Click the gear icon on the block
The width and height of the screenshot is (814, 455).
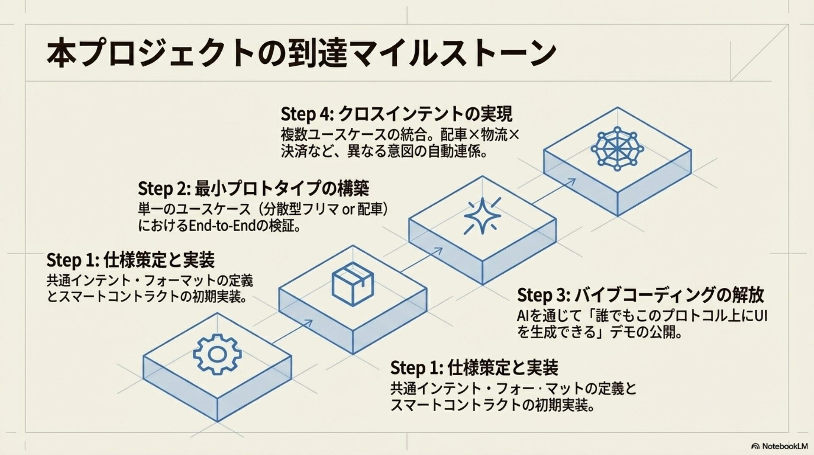coord(217,354)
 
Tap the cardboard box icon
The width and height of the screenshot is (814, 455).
coord(352,284)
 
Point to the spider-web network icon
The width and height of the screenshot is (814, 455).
coord(617,149)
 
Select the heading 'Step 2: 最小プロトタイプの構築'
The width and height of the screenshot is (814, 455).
coord(253,188)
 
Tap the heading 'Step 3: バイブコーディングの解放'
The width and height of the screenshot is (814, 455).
coord(640,295)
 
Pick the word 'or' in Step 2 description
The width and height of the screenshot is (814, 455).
coord(349,209)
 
